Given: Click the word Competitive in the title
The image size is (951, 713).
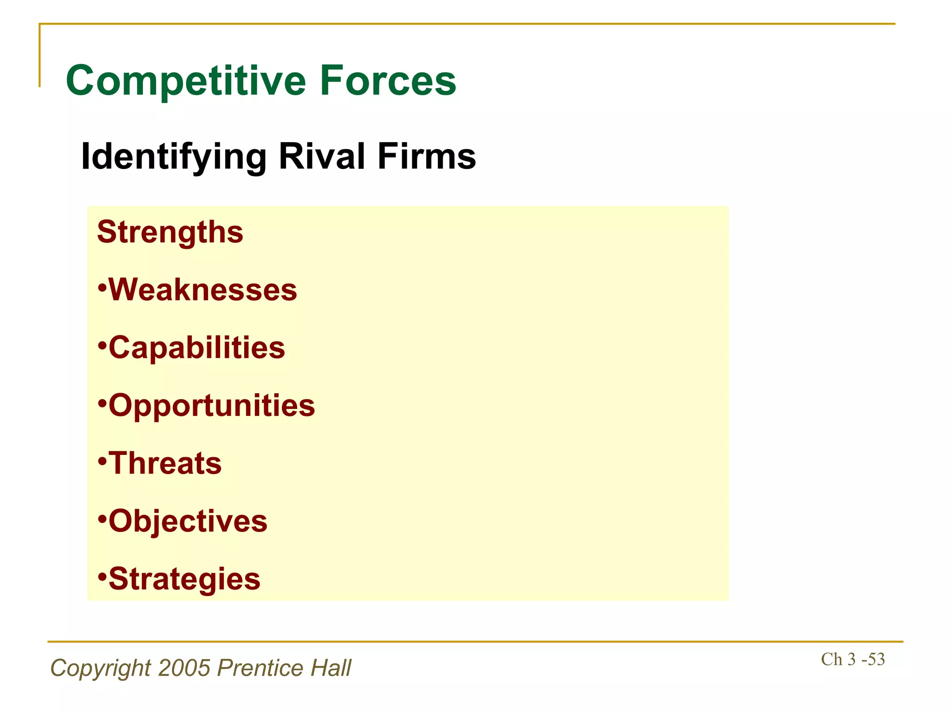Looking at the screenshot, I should click(186, 81).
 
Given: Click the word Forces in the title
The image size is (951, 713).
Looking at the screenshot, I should click(388, 81).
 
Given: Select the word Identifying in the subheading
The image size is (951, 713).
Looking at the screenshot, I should click(174, 157).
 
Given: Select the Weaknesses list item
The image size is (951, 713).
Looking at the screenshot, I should click(202, 290).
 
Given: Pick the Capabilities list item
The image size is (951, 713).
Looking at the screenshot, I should click(196, 348).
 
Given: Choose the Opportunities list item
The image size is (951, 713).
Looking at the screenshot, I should click(211, 406).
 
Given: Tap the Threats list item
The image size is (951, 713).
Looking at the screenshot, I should click(165, 463).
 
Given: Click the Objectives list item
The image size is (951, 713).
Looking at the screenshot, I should click(188, 521).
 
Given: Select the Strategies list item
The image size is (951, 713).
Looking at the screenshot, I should click(184, 579).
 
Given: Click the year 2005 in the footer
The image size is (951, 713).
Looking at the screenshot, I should click(185, 668).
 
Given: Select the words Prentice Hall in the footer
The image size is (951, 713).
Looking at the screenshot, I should click(284, 668).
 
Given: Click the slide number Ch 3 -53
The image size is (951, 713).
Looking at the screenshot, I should click(853, 659).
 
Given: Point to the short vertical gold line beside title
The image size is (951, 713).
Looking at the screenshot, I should click(39, 56).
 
